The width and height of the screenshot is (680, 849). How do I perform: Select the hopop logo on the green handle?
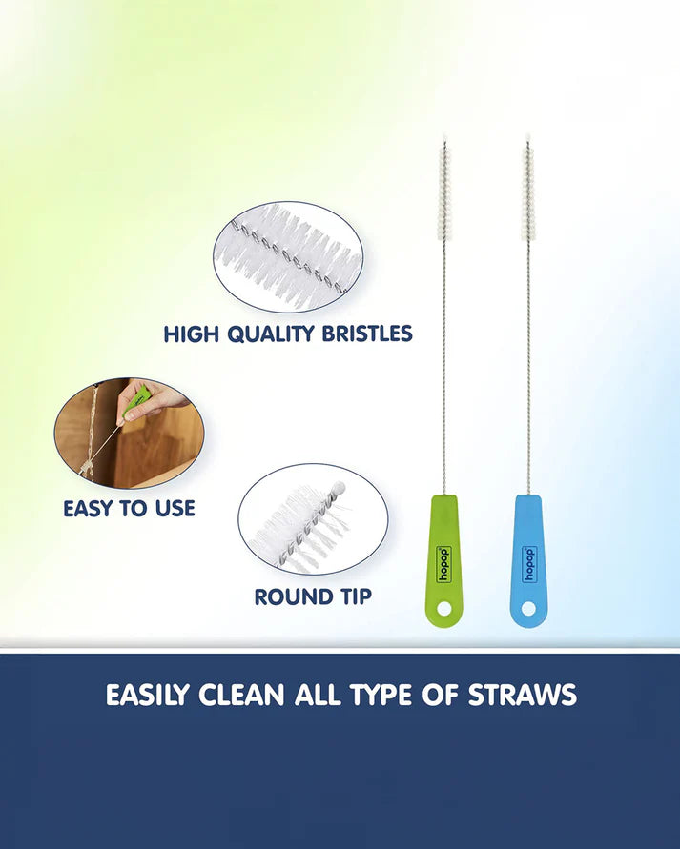[x=443, y=564]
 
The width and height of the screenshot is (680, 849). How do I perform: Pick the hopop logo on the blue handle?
[x=528, y=563]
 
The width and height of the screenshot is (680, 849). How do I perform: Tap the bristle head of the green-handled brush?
[x=443, y=191]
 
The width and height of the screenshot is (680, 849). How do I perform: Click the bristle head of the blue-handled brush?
[x=527, y=191]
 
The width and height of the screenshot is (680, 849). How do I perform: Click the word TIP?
[x=352, y=597]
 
